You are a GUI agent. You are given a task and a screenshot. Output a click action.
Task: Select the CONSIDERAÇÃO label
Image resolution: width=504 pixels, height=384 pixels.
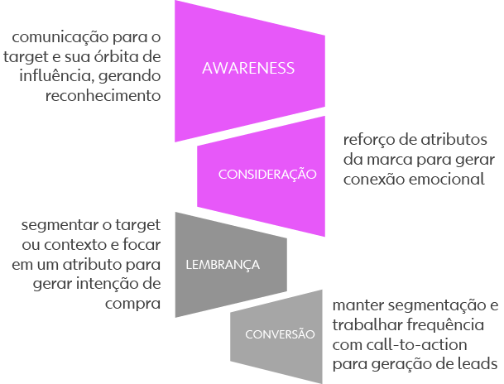267,174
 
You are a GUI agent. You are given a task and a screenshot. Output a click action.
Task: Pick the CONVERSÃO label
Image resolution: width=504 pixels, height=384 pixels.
281,334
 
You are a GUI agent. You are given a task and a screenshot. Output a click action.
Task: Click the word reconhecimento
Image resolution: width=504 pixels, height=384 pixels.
103,95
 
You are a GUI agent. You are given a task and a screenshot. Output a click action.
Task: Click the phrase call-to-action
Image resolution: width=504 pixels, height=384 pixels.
409,343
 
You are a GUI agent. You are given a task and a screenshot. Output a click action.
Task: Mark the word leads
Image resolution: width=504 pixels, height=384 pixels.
478,363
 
